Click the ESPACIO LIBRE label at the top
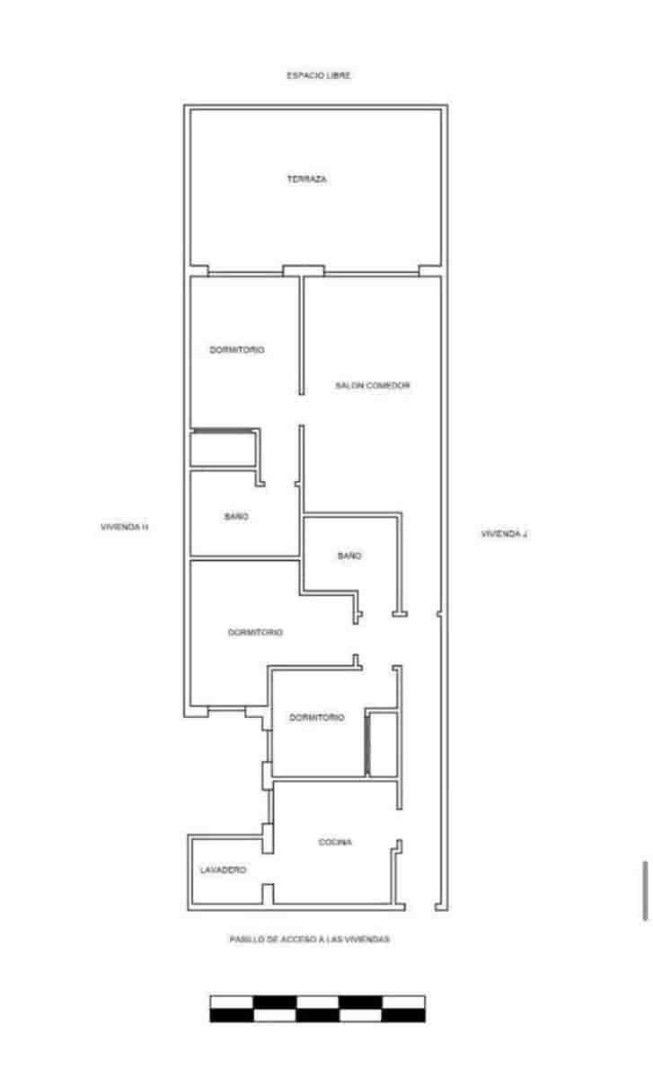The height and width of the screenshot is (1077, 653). [319, 76]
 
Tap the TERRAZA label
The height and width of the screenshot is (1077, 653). [307, 179]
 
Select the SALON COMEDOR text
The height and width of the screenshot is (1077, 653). [373, 385]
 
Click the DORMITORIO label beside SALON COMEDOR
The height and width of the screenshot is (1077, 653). [237, 350]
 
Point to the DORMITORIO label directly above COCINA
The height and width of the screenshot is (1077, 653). [317, 718]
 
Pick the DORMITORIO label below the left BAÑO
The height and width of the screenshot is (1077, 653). [255, 633]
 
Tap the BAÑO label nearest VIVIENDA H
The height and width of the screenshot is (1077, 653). [236, 517]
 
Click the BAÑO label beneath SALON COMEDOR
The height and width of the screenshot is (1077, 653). [349, 556]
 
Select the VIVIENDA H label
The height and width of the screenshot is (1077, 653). [124, 528]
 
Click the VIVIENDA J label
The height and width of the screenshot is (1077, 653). [504, 534]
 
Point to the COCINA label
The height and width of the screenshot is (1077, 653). [335, 843]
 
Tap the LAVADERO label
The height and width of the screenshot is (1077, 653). [223, 871]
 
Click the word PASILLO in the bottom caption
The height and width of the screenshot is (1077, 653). [245, 940]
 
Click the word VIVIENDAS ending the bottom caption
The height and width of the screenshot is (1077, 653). [369, 940]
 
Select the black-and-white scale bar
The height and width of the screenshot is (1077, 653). [317, 1009]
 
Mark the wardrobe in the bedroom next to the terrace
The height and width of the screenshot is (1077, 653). [224, 449]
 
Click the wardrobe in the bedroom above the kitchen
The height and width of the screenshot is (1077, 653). [383, 744]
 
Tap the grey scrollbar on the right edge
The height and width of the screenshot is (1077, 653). [645, 890]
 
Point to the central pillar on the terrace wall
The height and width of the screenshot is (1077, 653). [303, 270]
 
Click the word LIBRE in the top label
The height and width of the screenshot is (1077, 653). [339, 76]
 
